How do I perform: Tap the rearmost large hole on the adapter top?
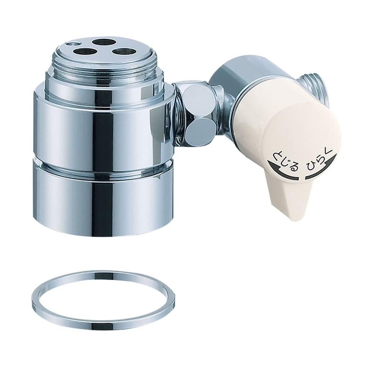point(102,43)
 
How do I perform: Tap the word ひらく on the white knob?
point(317,159)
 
